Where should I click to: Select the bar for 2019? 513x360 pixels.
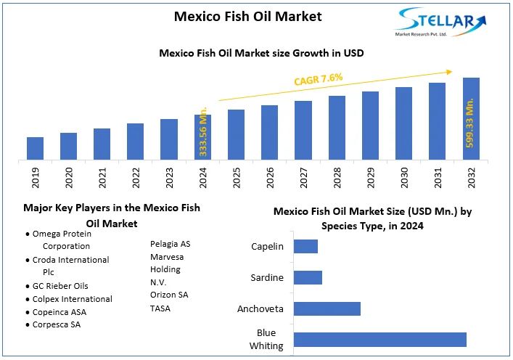tap(35, 147)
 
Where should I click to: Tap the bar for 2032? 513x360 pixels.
tap(471, 118)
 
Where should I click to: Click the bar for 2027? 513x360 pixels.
tap(303, 130)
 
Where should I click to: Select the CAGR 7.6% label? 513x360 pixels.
tap(319, 79)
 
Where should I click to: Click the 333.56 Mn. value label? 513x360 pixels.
tap(203, 131)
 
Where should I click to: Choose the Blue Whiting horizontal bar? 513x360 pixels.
tap(379, 340)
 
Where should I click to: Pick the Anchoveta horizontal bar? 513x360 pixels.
tap(327, 308)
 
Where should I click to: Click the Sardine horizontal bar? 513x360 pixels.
tap(308, 277)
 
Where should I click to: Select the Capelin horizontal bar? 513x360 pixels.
tap(305, 246)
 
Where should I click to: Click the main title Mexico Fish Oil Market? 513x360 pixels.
tap(248, 15)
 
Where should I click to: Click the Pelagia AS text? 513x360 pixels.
tap(170, 244)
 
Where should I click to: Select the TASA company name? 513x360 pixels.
tap(161, 308)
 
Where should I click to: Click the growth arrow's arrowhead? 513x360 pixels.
tap(449, 71)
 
